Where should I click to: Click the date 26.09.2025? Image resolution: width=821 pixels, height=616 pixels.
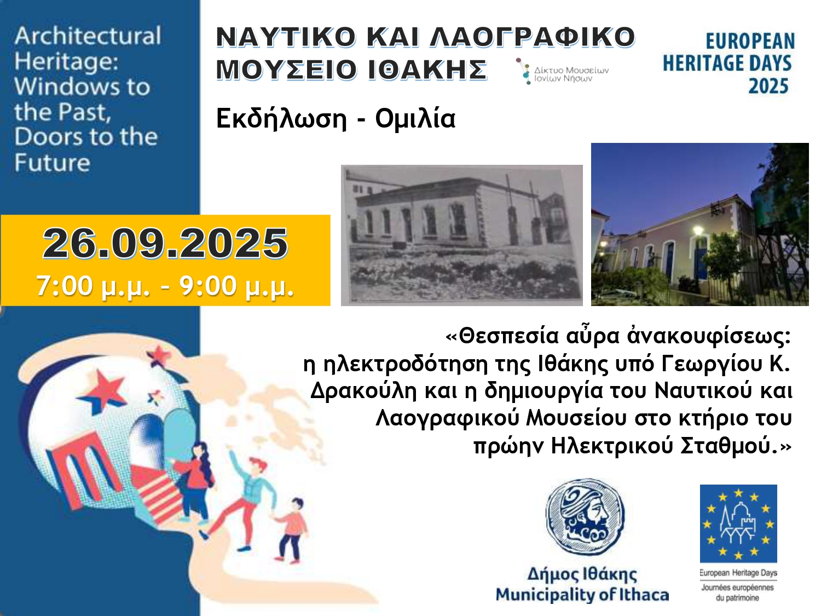click(x=165, y=244)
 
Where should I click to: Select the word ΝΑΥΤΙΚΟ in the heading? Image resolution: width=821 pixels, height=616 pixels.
click(x=286, y=37)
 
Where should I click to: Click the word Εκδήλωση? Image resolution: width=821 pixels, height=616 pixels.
click(x=282, y=119)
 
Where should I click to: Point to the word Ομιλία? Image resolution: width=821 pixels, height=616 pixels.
click(x=415, y=119)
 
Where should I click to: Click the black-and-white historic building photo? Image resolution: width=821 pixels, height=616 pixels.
click(x=461, y=235)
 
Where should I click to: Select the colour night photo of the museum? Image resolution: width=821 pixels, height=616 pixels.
click(x=700, y=224)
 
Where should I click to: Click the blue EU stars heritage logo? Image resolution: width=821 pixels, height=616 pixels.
click(x=738, y=523)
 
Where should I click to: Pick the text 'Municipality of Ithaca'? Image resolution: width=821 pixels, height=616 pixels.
click(x=582, y=595)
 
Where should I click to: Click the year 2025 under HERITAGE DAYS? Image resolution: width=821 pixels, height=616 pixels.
click(x=768, y=86)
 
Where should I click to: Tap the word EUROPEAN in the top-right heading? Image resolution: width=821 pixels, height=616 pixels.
click(x=750, y=41)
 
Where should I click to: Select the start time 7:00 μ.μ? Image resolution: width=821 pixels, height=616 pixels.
click(x=93, y=286)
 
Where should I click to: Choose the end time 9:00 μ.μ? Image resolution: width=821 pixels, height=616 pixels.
click(x=236, y=286)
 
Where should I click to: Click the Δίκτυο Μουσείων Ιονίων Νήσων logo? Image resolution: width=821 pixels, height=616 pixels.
click(x=562, y=71)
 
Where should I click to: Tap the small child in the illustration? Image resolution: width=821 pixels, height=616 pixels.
click(x=291, y=530)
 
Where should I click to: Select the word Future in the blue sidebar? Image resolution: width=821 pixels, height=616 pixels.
click(x=53, y=163)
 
